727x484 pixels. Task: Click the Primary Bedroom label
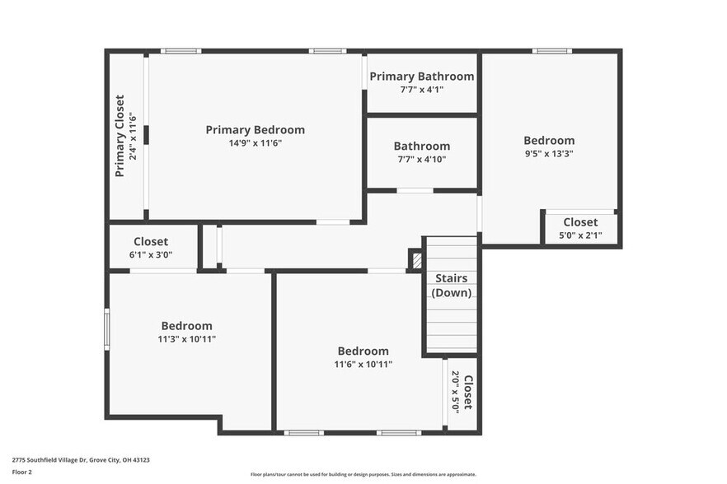pos(255,130)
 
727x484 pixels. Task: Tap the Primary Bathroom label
pos(421,77)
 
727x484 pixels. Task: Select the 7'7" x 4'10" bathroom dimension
pos(421,160)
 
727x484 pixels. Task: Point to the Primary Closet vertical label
pos(120,137)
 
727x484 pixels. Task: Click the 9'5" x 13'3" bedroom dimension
pos(549,153)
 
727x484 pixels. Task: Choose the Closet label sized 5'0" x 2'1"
pos(580,222)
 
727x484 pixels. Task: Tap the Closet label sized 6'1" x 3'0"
pos(151,242)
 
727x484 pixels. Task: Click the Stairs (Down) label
pos(451,285)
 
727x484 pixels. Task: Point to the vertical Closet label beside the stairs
pos(467,393)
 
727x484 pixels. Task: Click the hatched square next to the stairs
pos(416,261)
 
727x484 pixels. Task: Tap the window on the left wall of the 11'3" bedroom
pos(106,329)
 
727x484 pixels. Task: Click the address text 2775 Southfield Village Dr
pos(80,460)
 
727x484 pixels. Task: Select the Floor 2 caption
pos(22,472)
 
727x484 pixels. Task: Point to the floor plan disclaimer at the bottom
pos(363,474)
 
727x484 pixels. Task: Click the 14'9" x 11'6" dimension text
pos(256,143)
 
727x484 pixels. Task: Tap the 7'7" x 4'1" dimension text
pos(421,90)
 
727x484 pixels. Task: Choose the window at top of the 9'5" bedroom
pos(551,51)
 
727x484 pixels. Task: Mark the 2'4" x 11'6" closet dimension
pos(132,137)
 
